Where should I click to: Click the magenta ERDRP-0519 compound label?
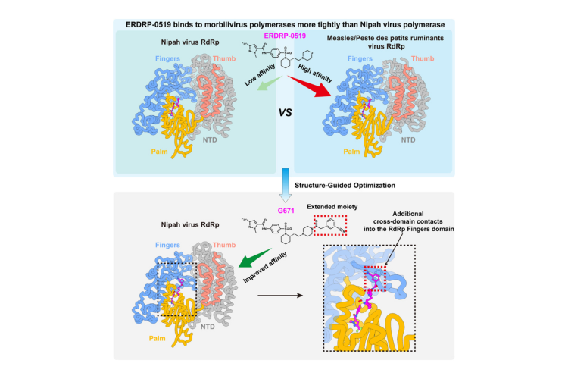(x=285, y=36)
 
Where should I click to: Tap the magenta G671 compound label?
(x=286, y=211)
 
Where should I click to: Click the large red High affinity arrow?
(x=311, y=87)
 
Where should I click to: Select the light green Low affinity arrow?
(x=270, y=83)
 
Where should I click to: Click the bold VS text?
(x=285, y=113)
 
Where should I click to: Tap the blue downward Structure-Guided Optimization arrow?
(x=286, y=185)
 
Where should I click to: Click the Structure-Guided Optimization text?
(x=345, y=185)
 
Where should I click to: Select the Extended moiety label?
(x=332, y=207)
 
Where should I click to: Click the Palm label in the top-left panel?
(x=159, y=152)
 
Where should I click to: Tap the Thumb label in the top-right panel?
(x=423, y=58)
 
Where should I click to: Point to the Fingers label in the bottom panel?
(x=167, y=245)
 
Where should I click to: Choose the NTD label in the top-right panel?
(x=408, y=140)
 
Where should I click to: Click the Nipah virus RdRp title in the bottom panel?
(x=190, y=225)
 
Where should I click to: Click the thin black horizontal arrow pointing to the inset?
(x=280, y=296)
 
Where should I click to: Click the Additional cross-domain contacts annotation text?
(x=409, y=221)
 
